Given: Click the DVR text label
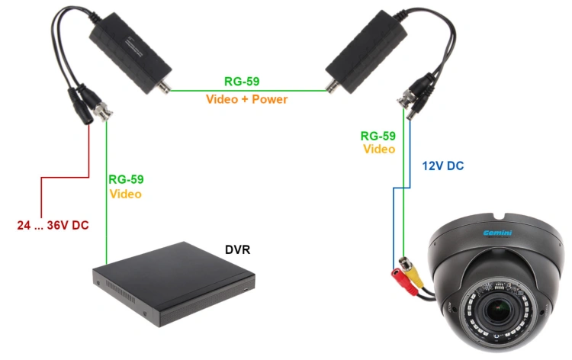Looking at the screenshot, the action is click(x=237, y=250).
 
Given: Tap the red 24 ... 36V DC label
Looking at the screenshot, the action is click(x=53, y=225).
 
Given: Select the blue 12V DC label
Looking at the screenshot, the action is click(x=443, y=166).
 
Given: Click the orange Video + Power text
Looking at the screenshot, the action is click(x=246, y=99).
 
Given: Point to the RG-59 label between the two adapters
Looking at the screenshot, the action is click(x=242, y=82).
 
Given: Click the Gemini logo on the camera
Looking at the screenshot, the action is click(x=497, y=233).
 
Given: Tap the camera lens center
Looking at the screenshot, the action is click(x=497, y=310).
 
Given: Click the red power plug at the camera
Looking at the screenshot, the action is click(x=403, y=281).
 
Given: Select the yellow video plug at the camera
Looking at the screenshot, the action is click(x=414, y=275).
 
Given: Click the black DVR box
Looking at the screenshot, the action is click(x=174, y=284).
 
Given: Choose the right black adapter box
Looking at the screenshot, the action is click(x=366, y=52).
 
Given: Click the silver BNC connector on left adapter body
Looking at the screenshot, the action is click(x=163, y=87).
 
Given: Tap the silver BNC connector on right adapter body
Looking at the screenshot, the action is click(x=333, y=87).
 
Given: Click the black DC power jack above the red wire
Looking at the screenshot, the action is click(x=82, y=110).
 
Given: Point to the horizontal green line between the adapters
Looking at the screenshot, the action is click(x=248, y=91).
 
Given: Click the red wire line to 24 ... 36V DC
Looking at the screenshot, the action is click(x=66, y=178).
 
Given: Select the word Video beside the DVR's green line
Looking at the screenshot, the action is click(x=126, y=194).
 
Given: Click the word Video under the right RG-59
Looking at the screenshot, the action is click(x=379, y=149).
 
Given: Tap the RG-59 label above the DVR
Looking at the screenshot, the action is click(x=126, y=179).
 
